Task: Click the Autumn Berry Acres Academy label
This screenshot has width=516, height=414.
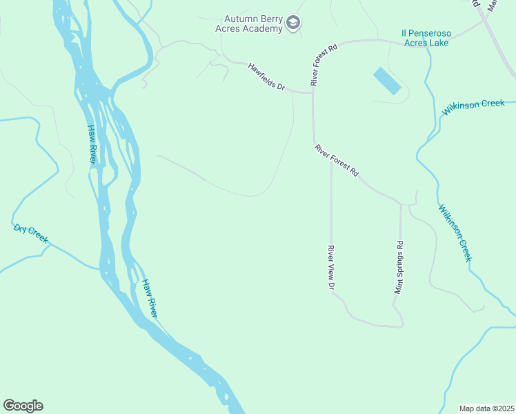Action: click(x=254, y=23)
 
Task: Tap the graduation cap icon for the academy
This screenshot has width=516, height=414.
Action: click(x=294, y=23)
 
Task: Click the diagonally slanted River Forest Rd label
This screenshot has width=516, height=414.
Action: click(x=337, y=160)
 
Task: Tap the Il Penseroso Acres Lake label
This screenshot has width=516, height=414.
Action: click(x=426, y=38)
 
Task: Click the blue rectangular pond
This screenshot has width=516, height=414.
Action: click(x=386, y=81)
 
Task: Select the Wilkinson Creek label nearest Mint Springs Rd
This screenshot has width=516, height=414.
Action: click(x=455, y=232)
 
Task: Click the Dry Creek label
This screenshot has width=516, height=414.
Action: click(x=31, y=233)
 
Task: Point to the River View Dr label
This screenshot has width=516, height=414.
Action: click(x=331, y=268)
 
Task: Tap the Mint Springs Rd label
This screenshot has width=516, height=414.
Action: click(x=399, y=267)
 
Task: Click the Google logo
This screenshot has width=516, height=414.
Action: click(x=23, y=406)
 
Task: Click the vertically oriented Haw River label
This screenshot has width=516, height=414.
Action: click(x=92, y=144)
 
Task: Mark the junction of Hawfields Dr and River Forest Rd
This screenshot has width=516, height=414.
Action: click(x=312, y=92)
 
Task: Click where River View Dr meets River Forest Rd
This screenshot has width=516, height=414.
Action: click(x=331, y=161)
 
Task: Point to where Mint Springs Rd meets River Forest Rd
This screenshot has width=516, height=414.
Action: click(x=401, y=204)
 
